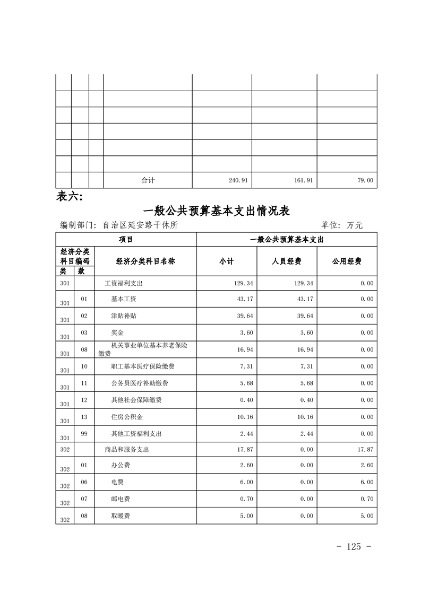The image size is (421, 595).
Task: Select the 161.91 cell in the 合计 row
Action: click(x=303, y=180)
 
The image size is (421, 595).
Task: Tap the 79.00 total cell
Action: click(x=365, y=180)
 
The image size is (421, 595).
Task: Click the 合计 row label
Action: click(x=148, y=180)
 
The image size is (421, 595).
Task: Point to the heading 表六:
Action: click(x=69, y=197)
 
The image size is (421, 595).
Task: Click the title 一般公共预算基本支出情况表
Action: click(x=216, y=211)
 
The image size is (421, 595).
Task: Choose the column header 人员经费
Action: click(x=287, y=261)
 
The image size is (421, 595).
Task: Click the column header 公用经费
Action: click(x=347, y=261)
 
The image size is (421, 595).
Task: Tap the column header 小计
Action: click(x=227, y=261)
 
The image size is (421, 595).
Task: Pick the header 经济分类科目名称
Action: click(x=145, y=261)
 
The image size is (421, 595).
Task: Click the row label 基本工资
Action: click(x=124, y=299)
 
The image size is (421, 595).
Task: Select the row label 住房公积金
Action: click(x=127, y=417)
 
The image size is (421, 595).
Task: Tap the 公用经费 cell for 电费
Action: click(x=365, y=482)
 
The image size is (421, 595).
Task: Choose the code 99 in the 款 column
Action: click(x=84, y=434)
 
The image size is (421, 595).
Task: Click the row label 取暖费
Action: click(x=121, y=515)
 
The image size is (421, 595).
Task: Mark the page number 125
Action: click(x=353, y=547)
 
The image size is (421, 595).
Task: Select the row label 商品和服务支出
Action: click(x=127, y=450)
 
